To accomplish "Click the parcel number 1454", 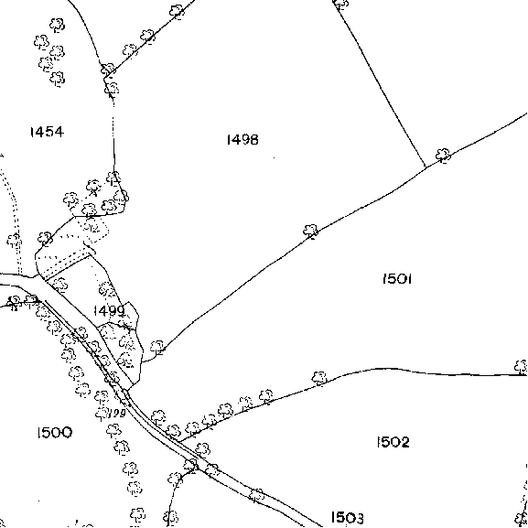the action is (x=47, y=132).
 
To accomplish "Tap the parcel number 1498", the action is (x=242, y=139).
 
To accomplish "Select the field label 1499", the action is (x=109, y=310).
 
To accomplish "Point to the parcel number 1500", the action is (x=54, y=433).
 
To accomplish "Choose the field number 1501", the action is (x=397, y=279).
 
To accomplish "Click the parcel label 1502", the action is (x=393, y=442).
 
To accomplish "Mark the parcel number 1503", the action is (x=347, y=517).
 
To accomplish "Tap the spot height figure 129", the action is (x=117, y=413).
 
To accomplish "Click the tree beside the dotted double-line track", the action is (x=14, y=241).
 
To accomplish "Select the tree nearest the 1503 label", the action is (x=257, y=495).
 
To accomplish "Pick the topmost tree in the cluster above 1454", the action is (x=58, y=25).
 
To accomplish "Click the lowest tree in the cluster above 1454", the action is (x=58, y=79).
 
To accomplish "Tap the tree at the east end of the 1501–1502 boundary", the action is (x=522, y=367).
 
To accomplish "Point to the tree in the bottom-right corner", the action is (x=522, y=520).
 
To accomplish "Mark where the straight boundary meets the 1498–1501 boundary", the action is (x=426, y=167).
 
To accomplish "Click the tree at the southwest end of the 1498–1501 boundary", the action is (x=157, y=347).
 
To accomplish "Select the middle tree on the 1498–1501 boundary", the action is (x=311, y=231).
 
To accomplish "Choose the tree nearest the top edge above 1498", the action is (x=341, y=4).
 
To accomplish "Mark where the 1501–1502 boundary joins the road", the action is (x=178, y=441).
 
